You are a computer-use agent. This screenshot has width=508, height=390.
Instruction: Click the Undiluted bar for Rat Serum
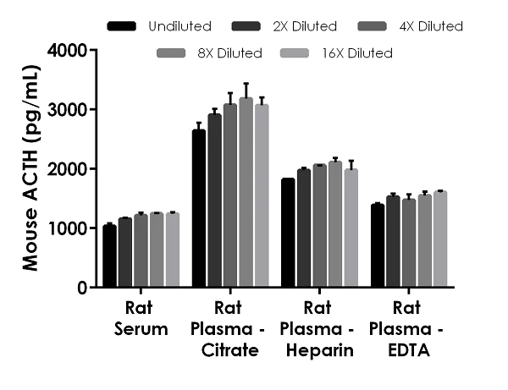tap(109, 256)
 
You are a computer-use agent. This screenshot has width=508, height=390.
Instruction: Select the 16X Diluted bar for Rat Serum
tap(173, 250)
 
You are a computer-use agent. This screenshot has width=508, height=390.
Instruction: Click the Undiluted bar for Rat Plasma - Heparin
tap(288, 233)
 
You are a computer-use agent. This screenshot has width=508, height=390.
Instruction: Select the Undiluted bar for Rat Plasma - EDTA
tap(378, 246)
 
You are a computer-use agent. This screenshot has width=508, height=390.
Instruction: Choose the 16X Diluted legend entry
tap(340, 53)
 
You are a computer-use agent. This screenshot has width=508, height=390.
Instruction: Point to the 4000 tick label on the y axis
tap(70, 51)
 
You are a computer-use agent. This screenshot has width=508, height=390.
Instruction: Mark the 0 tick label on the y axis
tap(82, 288)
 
